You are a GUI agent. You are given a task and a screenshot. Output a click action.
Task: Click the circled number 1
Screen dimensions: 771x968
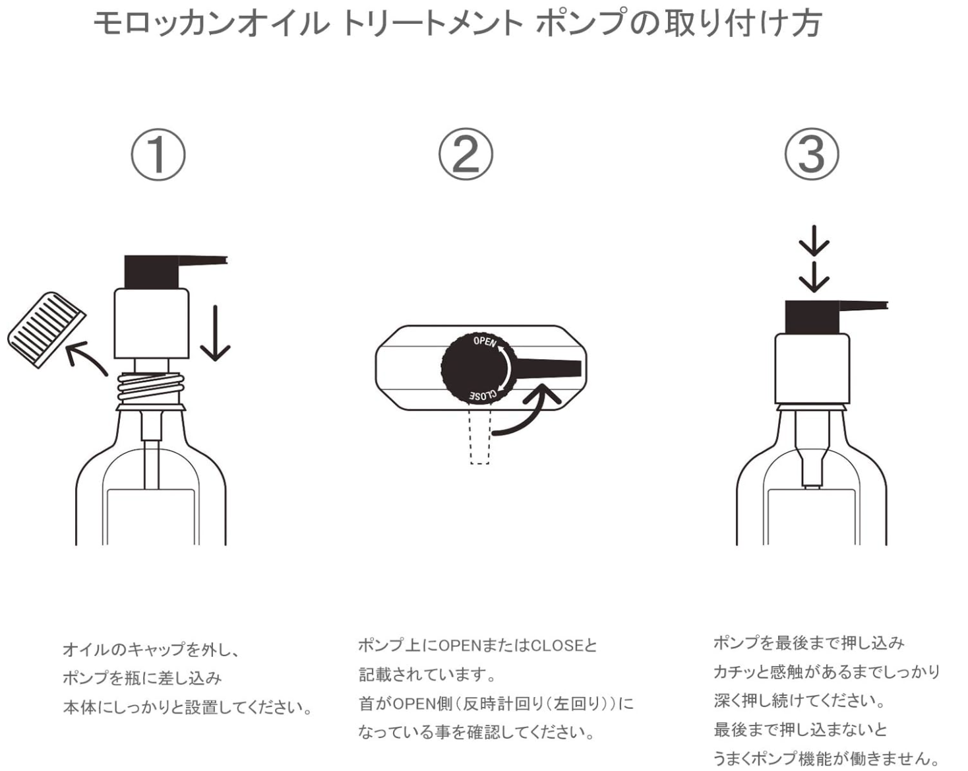(158, 154)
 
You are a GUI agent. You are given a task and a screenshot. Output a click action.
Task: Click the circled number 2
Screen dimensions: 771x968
(466, 154)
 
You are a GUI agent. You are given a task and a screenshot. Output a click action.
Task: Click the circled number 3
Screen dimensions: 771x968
(811, 154)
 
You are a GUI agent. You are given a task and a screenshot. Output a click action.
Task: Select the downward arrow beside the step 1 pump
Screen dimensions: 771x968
(215, 333)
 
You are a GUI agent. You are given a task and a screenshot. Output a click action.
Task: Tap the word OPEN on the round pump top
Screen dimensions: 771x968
(485, 341)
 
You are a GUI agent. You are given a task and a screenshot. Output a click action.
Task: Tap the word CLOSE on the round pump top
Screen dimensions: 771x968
(483, 395)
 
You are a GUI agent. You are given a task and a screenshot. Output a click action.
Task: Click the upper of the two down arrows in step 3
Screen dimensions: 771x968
(814, 242)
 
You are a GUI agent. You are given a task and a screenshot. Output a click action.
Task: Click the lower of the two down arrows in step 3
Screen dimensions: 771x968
(814, 277)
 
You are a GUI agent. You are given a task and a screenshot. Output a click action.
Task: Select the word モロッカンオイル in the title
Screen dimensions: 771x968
(210, 24)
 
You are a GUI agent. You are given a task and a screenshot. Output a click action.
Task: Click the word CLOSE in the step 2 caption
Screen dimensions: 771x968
(557, 646)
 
